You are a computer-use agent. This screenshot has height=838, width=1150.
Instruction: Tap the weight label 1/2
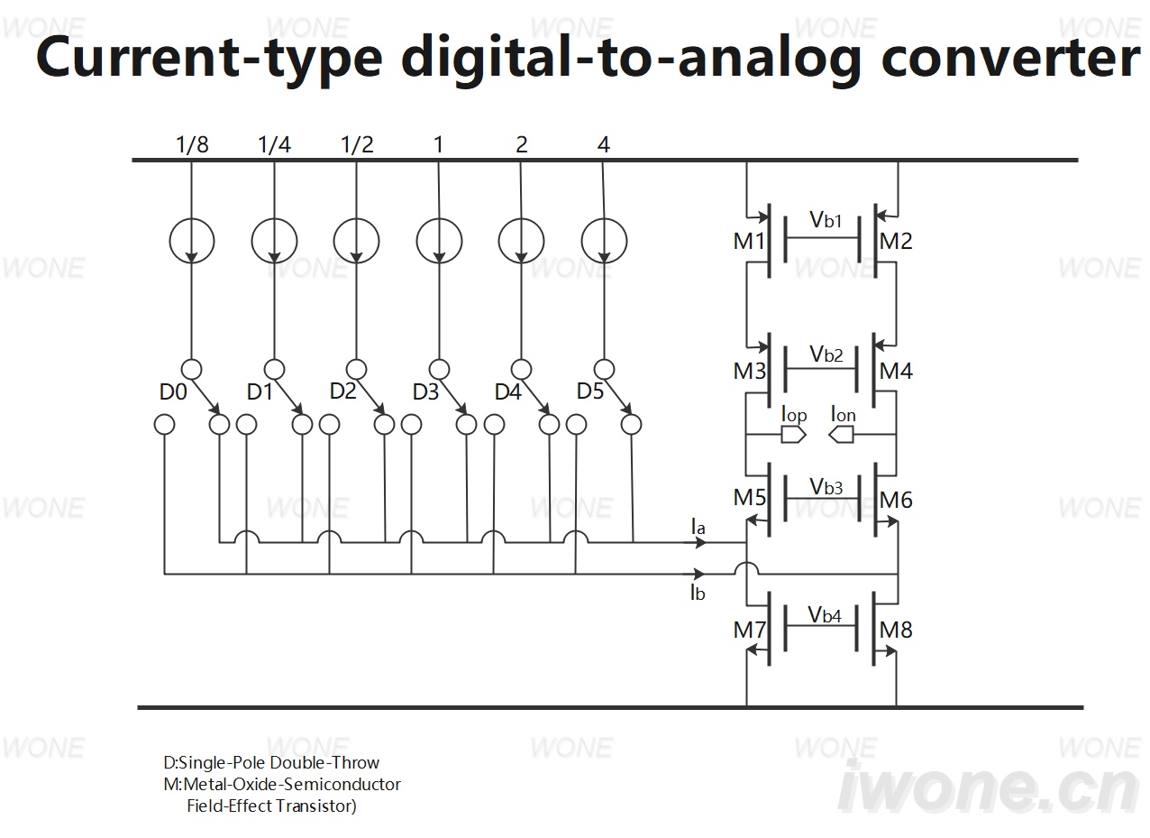[x=357, y=145]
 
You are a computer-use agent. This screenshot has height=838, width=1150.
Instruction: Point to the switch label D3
[x=425, y=392]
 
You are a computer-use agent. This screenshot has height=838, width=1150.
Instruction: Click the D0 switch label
[x=173, y=392]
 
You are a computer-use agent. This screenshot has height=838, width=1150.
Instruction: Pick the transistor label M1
[x=749, y=241]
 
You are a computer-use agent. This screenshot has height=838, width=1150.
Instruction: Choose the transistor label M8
[x=896, y=630]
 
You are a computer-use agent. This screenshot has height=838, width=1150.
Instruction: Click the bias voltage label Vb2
[x=826, y=354]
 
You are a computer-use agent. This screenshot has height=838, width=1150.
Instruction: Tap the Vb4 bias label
[x=825, y=614]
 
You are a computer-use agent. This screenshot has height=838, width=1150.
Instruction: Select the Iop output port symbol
[x=793, y=436]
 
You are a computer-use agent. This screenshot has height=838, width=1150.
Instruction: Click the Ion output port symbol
[x=842, y=436]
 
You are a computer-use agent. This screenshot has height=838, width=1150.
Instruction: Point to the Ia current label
[x=698, y=527]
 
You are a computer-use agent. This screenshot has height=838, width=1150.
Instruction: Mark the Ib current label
[x=698, y=593]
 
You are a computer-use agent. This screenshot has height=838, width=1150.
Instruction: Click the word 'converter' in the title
[x=1010, y=58]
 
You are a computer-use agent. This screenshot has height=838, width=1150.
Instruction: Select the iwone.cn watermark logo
[x=989, y=787]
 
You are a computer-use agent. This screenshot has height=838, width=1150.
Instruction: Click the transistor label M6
[x=896, y=500]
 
